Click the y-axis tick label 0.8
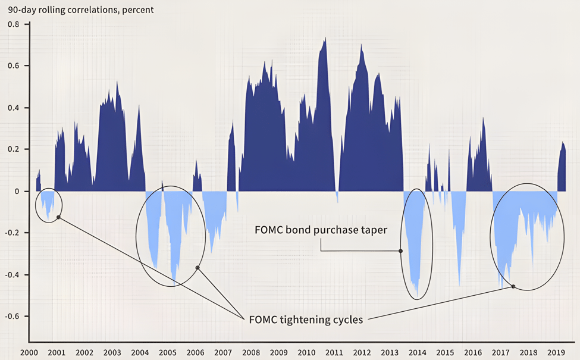13,24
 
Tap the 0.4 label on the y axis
13,108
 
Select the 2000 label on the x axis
29,352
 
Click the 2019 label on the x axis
556,352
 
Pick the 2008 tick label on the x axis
250,352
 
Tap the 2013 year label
390,352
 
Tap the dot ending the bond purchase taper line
401,251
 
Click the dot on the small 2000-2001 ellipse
58,217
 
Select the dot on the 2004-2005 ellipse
197,268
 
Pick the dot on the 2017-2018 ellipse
513,286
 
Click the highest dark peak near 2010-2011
325,39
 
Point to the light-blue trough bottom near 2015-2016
459,284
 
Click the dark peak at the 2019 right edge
563,142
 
